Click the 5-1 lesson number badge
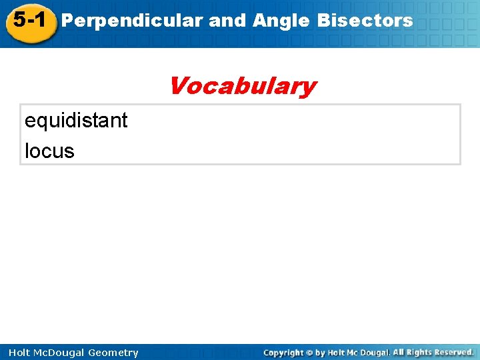click(29, 21)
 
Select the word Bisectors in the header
click(365, 21)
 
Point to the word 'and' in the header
click(227, 21)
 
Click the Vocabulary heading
click(242, 86)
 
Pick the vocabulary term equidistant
click(76, 121)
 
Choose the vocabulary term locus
click(49, 151)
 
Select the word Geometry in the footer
click(111, 353)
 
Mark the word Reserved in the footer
click(453, 352)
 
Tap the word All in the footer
click(399, 352)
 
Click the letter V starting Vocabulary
click(177, 86)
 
